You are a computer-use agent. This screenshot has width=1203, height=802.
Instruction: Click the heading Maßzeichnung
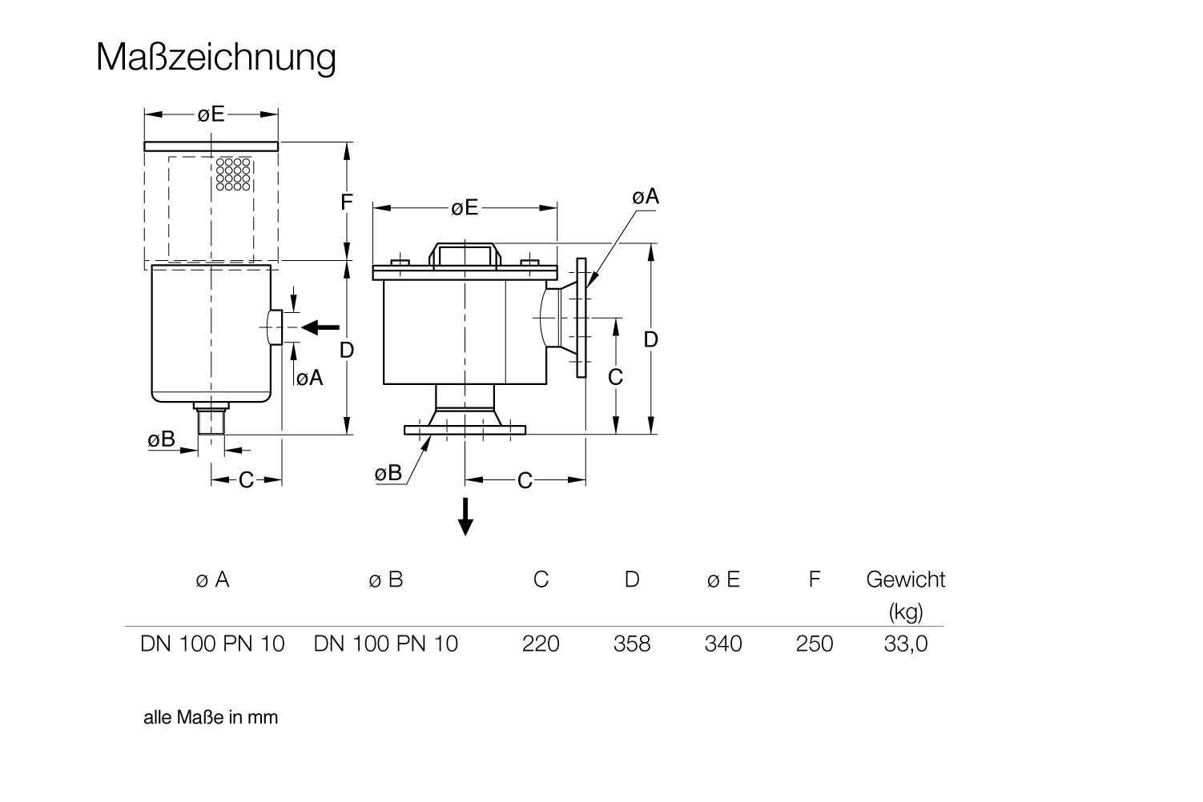(x=216, y=58)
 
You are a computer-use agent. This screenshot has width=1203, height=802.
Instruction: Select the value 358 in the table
(x=632, y=644)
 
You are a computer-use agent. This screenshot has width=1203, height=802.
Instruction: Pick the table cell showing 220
(x=541, y=644)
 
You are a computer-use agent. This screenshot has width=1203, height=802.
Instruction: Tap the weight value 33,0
(x=906, y=644)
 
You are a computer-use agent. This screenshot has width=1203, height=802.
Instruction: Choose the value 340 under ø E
(x=723, y=644)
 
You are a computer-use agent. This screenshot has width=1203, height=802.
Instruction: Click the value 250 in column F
(x=815, y=644)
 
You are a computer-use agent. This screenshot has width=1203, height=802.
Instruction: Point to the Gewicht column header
(x=906, y=579)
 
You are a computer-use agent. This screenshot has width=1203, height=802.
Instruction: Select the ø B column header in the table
(x=385, y=579)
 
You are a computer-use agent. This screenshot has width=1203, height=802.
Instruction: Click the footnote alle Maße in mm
(x=211, y=717)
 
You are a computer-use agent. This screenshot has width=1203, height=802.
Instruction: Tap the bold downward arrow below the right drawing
(x=465, y=516)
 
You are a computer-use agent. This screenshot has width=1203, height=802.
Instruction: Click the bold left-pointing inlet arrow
(x=320, y=327)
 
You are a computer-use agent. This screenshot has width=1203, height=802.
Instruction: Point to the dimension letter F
(x=347, y=202)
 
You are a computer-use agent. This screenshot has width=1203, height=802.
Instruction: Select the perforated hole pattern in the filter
(x=233, y=174)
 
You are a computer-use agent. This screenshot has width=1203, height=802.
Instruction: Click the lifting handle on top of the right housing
(x=465, y=255)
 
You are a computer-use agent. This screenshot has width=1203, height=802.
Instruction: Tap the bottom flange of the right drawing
(x=465, y=430)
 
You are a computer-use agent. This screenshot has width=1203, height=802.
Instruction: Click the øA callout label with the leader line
(x=646, y=197)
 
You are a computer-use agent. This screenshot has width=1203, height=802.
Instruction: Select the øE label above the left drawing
(x=211, y=114)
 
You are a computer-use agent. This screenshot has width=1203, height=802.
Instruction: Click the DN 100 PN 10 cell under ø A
(x=212, y=644)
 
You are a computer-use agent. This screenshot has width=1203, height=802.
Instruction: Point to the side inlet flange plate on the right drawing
(x=581, y=318)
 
